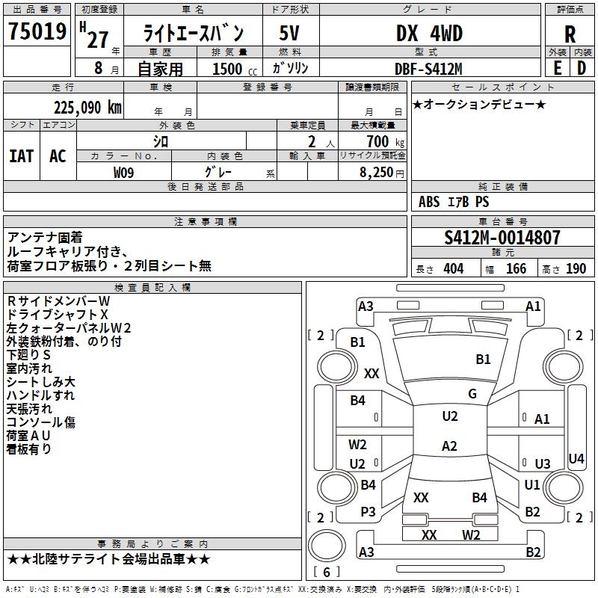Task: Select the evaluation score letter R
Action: tap(570, 34)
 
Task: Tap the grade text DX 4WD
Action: tap(429, 34)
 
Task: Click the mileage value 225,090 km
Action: tap(87, 108)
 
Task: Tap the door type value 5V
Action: tap(290, 34)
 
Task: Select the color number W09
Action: tap(124, 173)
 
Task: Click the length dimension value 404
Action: tap(453, 269)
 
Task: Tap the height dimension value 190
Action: tap(576, 269)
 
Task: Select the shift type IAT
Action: tap(21, 156)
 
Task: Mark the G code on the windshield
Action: tap(472, 394)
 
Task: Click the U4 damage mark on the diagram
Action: tap(576, 458)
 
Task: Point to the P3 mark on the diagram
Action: tap(368, 511)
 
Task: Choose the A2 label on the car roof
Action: tap(449, 446)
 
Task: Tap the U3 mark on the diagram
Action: tap(542, 464)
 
